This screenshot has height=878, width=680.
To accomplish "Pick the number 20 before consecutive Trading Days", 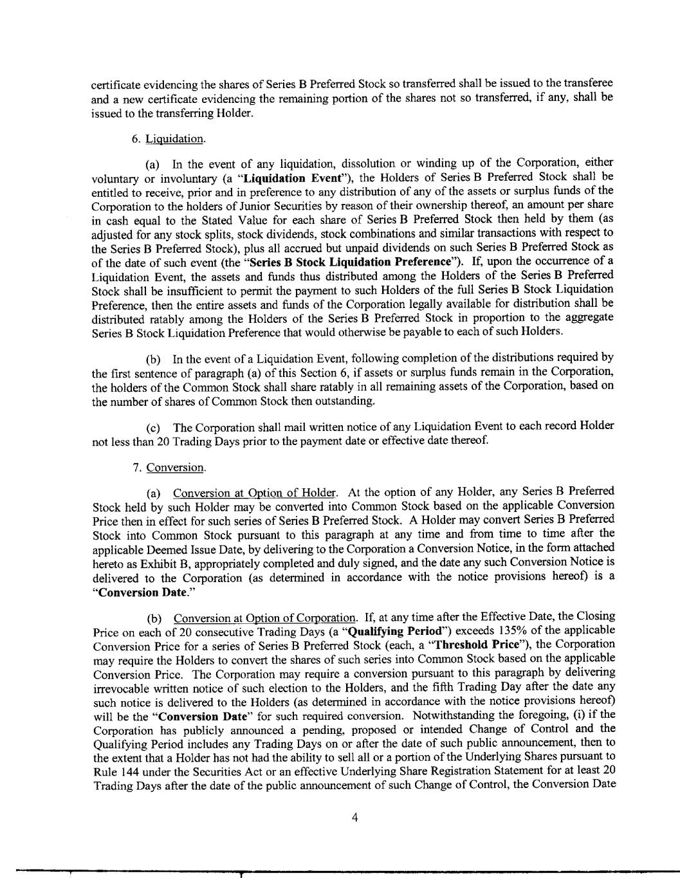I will [179, 630].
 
